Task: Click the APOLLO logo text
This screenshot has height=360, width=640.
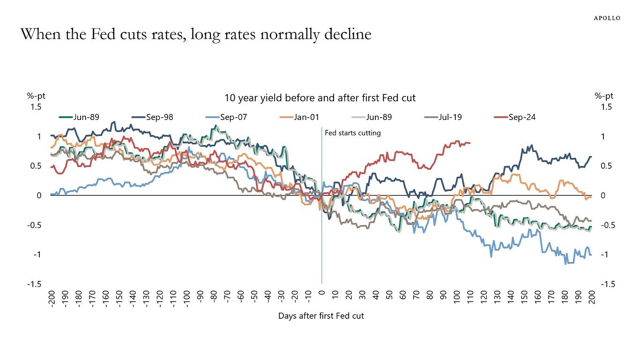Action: coord(607,18)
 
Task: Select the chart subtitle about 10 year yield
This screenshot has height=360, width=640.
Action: coord(320,98)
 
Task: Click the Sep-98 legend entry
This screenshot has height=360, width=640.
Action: coord(151,117)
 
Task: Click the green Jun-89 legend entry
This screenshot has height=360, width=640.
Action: coord(79,117)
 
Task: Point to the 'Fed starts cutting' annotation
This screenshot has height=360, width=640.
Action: coord(353,133)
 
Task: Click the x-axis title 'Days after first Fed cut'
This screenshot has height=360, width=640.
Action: coord(321,315)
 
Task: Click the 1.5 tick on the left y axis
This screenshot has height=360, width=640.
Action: coord(37,107)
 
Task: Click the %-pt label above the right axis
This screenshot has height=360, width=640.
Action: coord(604,96)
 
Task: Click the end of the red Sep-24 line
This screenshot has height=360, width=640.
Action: coord(470,143)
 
